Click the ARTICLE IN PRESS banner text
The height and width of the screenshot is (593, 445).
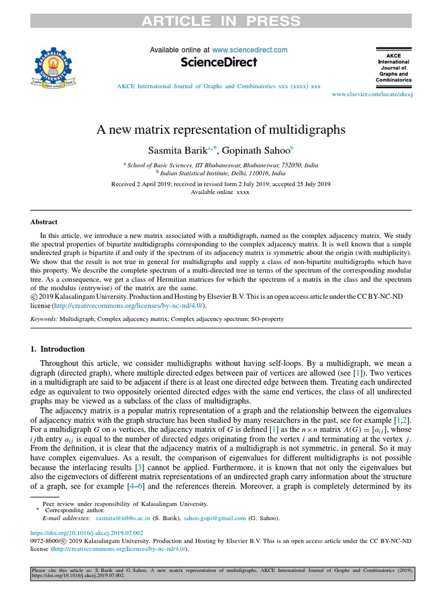pos(222,21)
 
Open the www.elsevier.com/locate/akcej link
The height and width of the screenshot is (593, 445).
pos(371,93)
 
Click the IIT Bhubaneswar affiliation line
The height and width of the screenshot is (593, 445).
pos(222,164)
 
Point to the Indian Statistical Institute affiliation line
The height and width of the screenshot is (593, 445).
pos(222,173)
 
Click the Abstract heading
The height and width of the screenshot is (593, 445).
pos(44,221)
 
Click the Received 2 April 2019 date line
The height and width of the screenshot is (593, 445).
pos(220,184)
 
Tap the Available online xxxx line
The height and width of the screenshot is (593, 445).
pos(220,192)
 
